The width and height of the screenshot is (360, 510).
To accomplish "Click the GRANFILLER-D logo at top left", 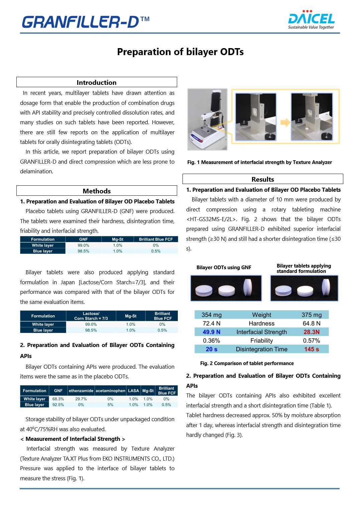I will point(86,22).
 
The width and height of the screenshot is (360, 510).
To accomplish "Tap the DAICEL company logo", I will point(311,20).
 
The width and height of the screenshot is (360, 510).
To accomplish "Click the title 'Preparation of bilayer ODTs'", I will point(180,52).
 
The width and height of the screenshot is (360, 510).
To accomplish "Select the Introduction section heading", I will point(97,82).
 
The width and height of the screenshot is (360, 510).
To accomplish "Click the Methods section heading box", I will point(97,191).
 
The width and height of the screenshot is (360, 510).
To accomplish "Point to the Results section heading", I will point(263,179).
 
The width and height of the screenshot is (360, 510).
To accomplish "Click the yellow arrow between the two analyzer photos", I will point(285,122).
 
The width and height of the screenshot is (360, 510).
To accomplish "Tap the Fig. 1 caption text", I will point(259,162).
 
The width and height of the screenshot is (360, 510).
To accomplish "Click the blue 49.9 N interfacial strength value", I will point(211,332).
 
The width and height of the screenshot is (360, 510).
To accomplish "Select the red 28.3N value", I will point(311,332).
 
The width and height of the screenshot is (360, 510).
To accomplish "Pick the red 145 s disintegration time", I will point(311,349).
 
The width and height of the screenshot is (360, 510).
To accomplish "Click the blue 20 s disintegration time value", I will point(211,349).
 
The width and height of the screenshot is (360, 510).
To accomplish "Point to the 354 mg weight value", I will point(211,315).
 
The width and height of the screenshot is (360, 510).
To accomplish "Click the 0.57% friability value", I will point(311,341).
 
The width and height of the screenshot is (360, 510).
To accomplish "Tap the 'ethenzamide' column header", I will point(81,390).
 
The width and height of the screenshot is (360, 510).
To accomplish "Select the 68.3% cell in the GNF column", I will point(58,399).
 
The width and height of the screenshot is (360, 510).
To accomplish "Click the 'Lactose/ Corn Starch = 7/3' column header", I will point(91,316).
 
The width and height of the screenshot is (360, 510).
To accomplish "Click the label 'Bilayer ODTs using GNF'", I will point(224,268).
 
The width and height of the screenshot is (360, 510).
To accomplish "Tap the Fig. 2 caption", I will point(247,363).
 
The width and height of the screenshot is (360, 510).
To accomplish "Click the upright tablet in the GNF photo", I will point(248,288).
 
